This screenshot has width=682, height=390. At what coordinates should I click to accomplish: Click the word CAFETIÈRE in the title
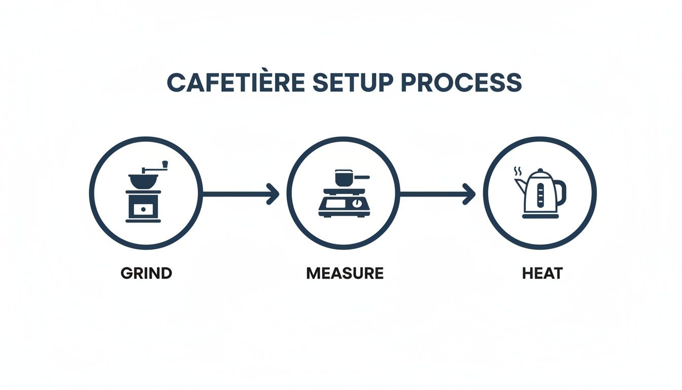point(235,83)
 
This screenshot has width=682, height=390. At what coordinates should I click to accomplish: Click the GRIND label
point(147,273)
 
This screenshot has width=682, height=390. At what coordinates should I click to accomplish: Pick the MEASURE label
point(345,273)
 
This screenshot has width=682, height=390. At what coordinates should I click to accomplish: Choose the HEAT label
point(542,273)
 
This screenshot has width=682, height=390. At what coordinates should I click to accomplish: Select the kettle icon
point(540,193)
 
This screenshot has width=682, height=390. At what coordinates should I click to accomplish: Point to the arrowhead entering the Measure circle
point(274,194)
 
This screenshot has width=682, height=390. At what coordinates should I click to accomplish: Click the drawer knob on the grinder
point(143,209)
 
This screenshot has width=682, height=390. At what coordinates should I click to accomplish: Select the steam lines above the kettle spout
point(518,171)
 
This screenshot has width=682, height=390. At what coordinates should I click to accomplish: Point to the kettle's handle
point(561,192)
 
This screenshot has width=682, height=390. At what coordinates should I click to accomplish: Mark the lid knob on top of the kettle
point(540,170)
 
